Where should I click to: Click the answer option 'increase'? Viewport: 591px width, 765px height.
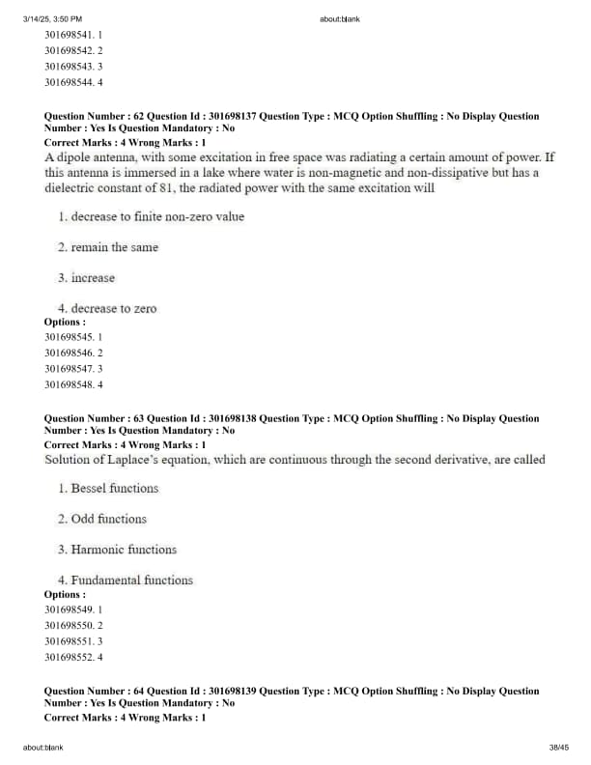click(x=93, y=278)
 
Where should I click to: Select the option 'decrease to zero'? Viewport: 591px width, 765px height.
click(x=113, y=309)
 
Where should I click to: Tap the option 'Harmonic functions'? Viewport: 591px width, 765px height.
click(x=124, y=550)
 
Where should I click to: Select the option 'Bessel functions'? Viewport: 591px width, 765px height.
click(x=114, y=488)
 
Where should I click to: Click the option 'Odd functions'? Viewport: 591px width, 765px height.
click(x=108, y=519)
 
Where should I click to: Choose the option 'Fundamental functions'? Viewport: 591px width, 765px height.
click(x=131, y=581)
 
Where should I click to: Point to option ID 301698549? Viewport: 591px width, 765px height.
click(x=73, y=610)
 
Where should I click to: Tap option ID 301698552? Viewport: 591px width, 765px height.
click(x=73, y=657)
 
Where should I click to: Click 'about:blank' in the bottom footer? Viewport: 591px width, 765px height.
click(x=43, y=748)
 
